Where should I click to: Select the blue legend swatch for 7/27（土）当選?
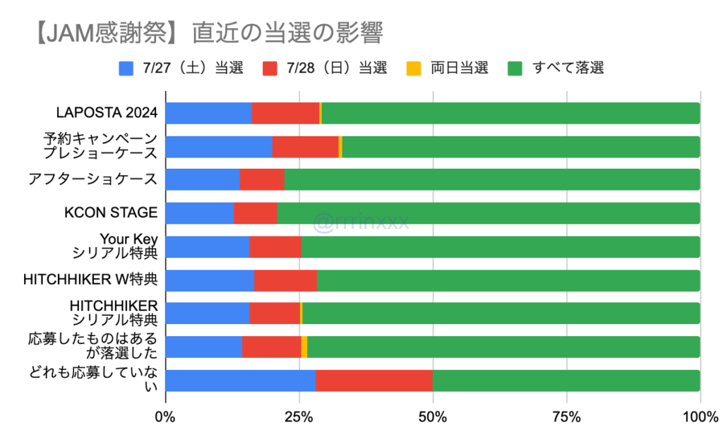coord(126,68)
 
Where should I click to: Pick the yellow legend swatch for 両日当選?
coord(414,68)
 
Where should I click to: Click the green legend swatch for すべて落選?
coord(515,68)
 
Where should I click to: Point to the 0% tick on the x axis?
coord(165,417)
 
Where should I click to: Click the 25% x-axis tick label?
coord(299,417)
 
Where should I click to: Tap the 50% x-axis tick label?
coord(433,417)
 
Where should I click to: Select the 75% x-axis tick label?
coord(566,417)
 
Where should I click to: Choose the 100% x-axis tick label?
coord(700,417)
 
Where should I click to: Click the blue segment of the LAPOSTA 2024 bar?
coord(208,113)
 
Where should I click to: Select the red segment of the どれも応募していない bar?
coord(374,380)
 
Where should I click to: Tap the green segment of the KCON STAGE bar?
coord(488,213)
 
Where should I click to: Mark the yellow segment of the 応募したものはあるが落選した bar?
coord(304,347)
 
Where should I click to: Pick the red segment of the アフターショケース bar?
coord(262,180)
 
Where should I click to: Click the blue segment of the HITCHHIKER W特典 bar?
coord(210,280)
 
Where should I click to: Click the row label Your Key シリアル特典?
coord(116,246)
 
